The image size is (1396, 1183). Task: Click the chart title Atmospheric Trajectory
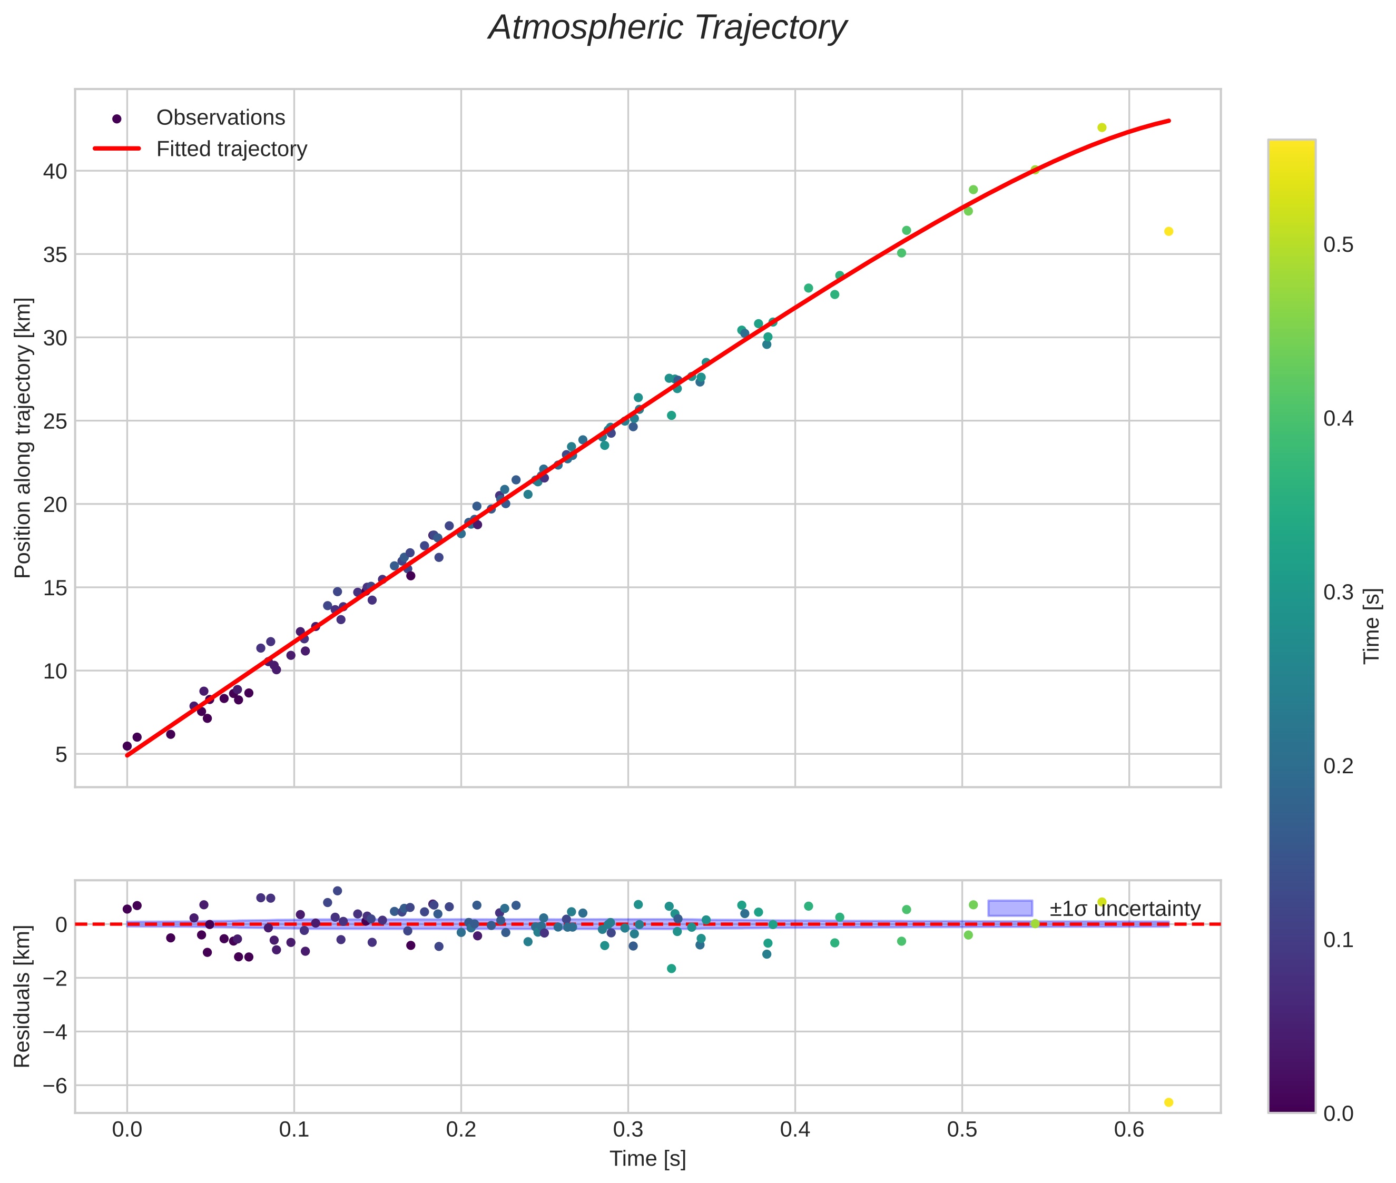[667, 28]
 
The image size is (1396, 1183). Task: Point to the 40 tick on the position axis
[56, 172]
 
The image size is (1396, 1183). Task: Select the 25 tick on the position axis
[56, 421]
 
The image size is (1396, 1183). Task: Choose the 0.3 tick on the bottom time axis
[628, 1130]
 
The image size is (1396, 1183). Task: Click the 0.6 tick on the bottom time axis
[1129, 1130]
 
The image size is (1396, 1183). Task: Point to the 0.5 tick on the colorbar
[1338, 245]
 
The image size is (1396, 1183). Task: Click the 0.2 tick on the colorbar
[1338, 766]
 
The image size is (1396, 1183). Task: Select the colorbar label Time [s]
[1372, 626]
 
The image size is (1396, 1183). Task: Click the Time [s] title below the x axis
[647, 1159]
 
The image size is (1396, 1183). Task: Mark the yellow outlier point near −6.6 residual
[1168, 1102]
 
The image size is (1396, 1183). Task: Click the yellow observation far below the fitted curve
[1168, 231]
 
